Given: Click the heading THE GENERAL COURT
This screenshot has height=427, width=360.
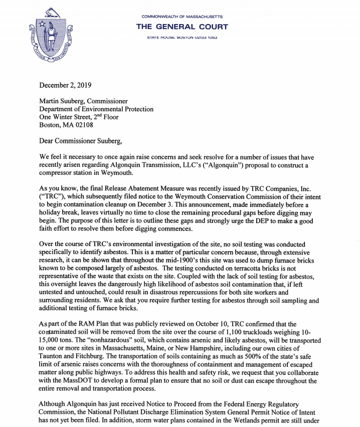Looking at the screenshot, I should [182, 27].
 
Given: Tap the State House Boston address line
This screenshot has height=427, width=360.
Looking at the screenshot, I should [182, 38].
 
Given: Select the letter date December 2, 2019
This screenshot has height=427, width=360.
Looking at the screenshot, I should [65, 85].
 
